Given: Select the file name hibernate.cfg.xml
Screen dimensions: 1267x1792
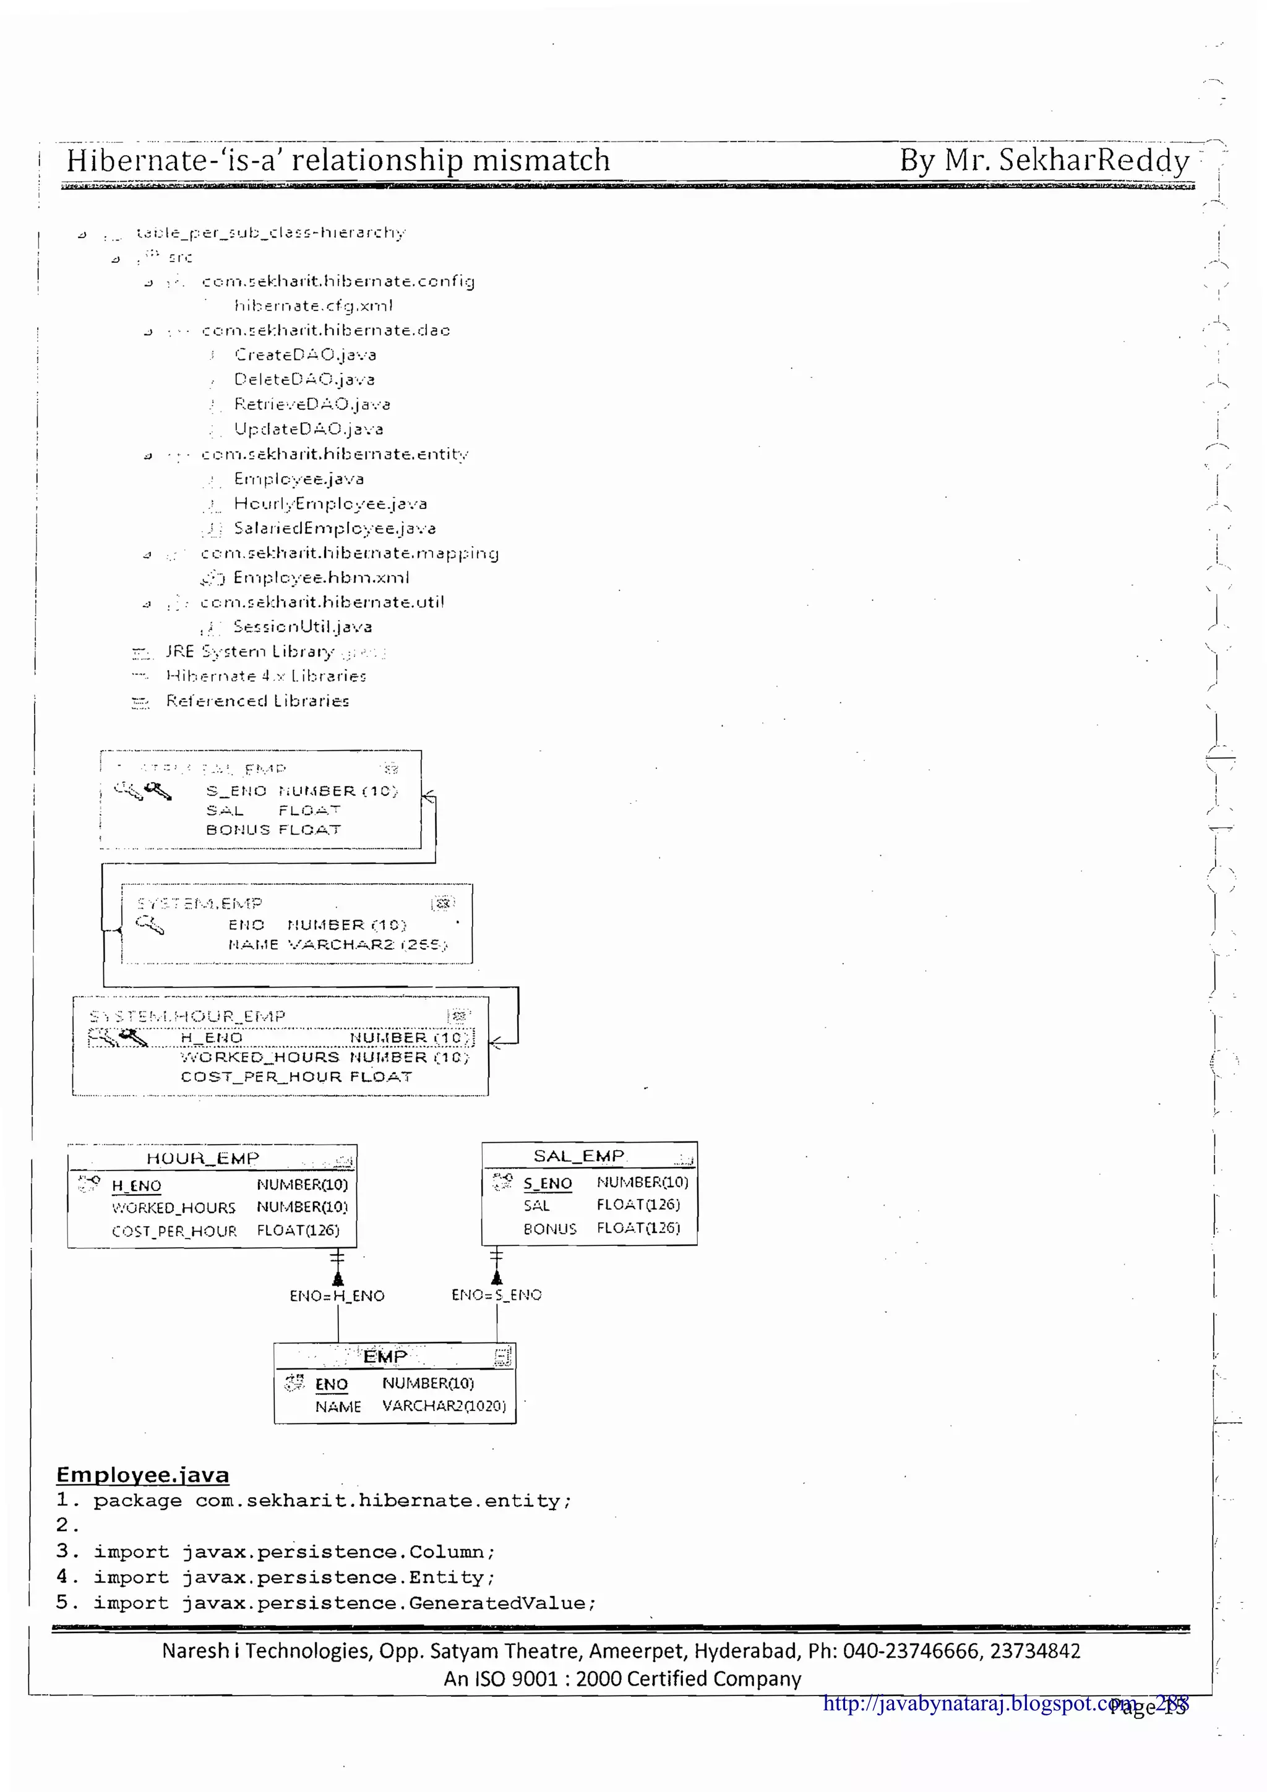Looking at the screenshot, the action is pos(313,305).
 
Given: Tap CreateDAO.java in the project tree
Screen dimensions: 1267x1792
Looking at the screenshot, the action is pos(305,354).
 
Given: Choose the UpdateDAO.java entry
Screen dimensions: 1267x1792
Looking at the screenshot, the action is pos(308,429).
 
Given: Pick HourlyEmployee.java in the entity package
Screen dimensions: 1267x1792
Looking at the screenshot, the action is pos(330,503).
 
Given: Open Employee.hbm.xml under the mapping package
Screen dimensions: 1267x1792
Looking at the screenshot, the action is pos(321,578).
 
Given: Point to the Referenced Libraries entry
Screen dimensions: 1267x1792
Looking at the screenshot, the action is pos(257,701).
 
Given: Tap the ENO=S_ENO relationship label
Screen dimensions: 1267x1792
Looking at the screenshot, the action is pos(497,1295).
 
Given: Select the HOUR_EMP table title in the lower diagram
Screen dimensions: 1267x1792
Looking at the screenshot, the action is pos(202,1158).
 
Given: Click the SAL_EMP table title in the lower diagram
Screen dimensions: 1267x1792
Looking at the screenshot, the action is pos(578,1156).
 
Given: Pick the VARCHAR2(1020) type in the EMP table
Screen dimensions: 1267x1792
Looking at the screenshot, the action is pos(444,1406).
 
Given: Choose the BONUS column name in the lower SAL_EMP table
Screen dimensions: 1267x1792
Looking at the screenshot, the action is pos(549,1229).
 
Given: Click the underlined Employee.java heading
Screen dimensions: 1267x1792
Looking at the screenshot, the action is pos(143,1475).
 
